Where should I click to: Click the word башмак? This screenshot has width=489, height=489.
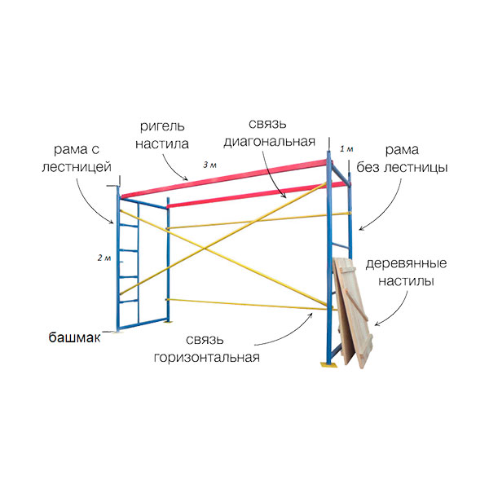point(74,337)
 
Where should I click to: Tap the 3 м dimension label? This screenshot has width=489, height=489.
point(209,165)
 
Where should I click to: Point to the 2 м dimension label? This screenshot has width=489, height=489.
point(104,258)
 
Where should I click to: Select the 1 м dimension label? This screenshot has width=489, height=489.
point(346,149)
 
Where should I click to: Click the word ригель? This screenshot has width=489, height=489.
point(162,127)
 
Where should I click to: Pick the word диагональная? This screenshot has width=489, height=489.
point(270,142)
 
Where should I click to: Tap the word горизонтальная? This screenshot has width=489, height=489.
point(207,358)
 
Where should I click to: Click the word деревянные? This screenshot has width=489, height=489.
point(406,264)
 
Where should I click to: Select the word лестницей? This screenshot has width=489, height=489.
point(77,167)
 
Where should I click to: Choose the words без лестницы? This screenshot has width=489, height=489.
point(403,167)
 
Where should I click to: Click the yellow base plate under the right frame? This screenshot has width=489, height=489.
point(328,364)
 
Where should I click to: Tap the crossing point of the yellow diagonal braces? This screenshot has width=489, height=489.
point(205,249)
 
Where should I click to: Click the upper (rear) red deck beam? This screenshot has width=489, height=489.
point(225,178)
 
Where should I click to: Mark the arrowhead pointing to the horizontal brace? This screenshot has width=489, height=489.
point(311,315)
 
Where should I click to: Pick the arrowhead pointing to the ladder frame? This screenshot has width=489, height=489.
point(111,222)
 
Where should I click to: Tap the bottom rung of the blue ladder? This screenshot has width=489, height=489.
point(129,302)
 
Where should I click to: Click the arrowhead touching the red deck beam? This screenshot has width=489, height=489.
point(186,179)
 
